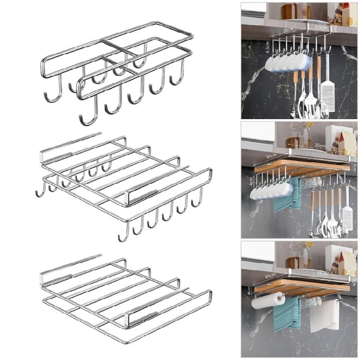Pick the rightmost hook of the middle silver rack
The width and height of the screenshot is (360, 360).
tap(197, 199)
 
